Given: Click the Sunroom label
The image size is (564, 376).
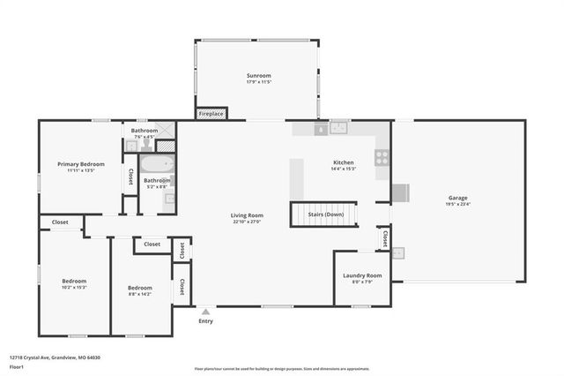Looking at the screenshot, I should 258,77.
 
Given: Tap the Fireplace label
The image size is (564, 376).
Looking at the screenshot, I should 211,114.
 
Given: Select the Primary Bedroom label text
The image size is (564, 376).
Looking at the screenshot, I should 81,164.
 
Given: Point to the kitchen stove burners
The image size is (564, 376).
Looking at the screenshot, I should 382,158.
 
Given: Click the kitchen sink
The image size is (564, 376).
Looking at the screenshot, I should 339,127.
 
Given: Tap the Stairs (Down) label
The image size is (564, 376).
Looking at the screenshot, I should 325,214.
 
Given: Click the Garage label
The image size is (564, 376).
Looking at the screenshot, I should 457,198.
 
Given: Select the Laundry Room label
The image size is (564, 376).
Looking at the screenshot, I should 362,275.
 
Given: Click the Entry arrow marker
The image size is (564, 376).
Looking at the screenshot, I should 205,312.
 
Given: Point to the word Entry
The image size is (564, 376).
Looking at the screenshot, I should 205,321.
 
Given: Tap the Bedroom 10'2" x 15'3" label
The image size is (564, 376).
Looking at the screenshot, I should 74,284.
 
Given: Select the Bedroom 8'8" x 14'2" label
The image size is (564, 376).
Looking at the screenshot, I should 140,288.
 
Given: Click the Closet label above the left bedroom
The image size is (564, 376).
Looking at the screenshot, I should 60,222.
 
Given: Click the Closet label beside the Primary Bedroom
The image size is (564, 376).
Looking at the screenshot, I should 130,175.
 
